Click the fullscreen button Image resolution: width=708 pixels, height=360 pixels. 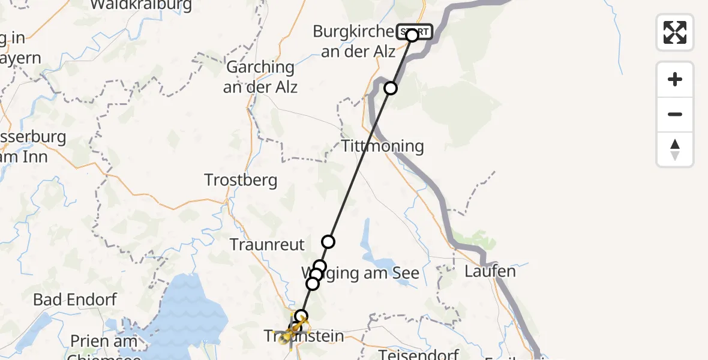(x=675, y=32)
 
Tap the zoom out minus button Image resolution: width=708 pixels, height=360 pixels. (x=675, y=115)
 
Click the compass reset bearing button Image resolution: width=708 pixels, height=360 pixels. (x=675, y=149)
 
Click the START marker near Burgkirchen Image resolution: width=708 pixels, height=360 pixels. (x=413, y=32)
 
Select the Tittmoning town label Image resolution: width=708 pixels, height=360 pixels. (x=383, y=146)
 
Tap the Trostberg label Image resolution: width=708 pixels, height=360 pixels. (x=241, y=179)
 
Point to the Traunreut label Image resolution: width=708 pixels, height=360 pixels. (x=268, y=245)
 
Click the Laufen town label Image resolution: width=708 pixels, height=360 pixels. (x=490, y=271)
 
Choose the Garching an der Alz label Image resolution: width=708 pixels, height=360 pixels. (x=260, y=77)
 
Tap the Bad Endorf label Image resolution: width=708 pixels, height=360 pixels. (x=74, y=299)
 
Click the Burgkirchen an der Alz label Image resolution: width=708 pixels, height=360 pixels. (x=358, y=41)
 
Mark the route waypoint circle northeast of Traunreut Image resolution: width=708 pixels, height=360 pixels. (x=328, y=242)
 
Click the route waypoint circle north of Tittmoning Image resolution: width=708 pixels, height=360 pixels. (x=391, y=88)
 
